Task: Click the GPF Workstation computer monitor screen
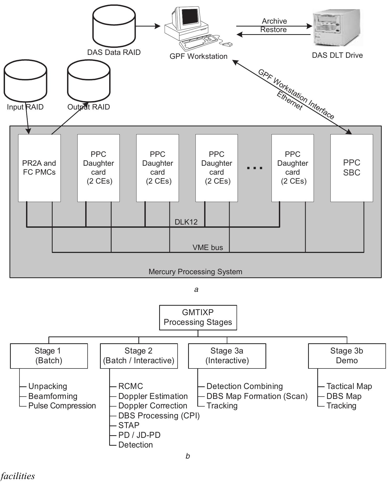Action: click(189, 17)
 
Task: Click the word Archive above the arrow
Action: click(274, 21)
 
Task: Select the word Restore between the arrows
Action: click(273, 30)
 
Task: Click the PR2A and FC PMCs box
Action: click(39, 168)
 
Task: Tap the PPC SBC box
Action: click(351, 168)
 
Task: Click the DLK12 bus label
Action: click(186, 222)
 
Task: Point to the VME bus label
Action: click(208, 247)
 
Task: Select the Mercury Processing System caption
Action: click(195, 272)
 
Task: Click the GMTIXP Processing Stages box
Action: click(198, 317)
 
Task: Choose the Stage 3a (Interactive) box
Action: click(227, 356)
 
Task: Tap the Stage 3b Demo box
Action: click(346, 356)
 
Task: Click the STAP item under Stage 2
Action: click(129, 425)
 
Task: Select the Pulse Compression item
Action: click(62, 406)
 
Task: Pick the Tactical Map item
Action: click(349, 386)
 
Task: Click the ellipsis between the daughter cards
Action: click(254, 168)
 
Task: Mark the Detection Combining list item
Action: click(244, 386)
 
